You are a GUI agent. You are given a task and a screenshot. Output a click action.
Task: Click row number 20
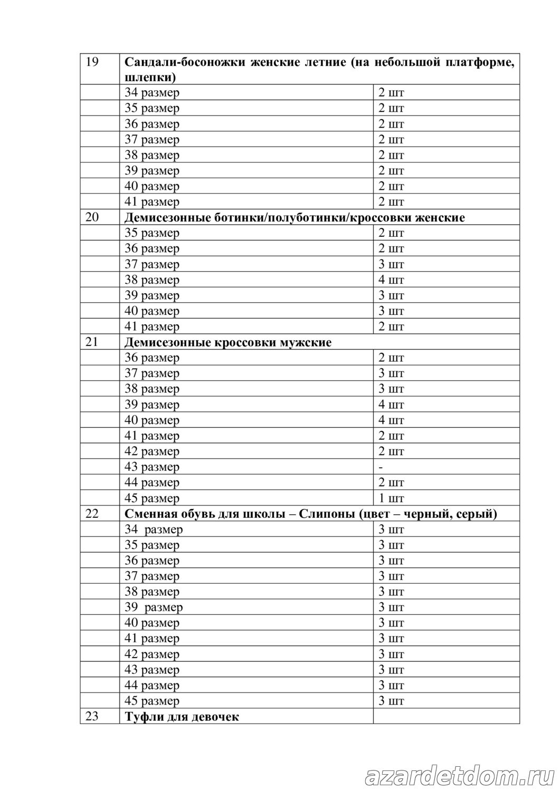click(92, 217)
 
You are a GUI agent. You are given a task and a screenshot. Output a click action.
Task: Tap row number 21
click(92, 342)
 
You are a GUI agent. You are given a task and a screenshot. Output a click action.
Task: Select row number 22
click(92, 513)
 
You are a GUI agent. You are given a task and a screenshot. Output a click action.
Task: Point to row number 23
click(92, 716)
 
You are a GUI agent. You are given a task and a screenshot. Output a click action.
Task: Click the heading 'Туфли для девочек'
click(182, 717)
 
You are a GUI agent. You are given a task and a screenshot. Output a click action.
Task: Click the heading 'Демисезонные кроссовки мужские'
click(228, 342)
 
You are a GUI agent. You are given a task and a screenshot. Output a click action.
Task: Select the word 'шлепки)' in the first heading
click(150, 77)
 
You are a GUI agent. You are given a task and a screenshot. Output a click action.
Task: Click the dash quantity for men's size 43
click(381, 467)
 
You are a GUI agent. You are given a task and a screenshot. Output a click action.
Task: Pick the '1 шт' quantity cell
click(391, 498)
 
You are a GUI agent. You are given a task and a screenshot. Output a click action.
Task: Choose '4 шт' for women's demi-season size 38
click(391, 279)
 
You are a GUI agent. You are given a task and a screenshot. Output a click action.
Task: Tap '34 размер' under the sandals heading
click(151, 93)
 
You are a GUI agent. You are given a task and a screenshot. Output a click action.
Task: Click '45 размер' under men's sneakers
click(151, 498)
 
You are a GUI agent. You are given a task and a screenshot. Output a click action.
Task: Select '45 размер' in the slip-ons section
click(151, 701)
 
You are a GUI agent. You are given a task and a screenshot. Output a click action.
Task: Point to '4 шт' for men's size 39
click(391, 404)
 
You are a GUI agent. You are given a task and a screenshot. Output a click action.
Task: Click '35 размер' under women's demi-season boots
click(151, 233)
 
